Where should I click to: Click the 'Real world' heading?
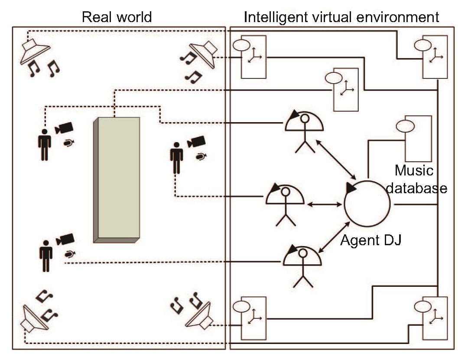117,17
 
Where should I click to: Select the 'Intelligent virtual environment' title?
341,17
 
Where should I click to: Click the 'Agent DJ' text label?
371,240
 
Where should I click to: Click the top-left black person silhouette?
44,145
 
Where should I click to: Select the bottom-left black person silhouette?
45,256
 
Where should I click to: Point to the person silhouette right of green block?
176,159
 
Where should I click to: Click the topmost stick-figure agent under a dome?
304,130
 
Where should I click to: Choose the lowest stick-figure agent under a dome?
303,265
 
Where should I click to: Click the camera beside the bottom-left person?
65,239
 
